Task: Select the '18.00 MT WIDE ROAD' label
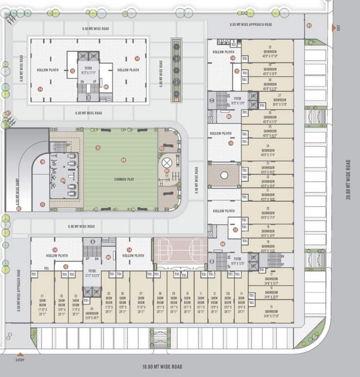click(x=162, y=367)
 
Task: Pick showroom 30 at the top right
click(x=270, y=52)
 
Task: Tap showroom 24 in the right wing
click(x=268, y=150)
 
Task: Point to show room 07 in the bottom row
click(x=141, y=300)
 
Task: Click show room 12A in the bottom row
click(x=227, y=300)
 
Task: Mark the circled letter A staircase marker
click(x=92, y=241)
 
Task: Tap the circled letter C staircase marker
click(x=212, y=101)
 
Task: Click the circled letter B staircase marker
click(x=212, y=261)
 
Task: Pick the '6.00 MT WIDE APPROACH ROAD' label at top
click(x=250, y=24)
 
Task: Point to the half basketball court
click(x=180, y=249)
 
